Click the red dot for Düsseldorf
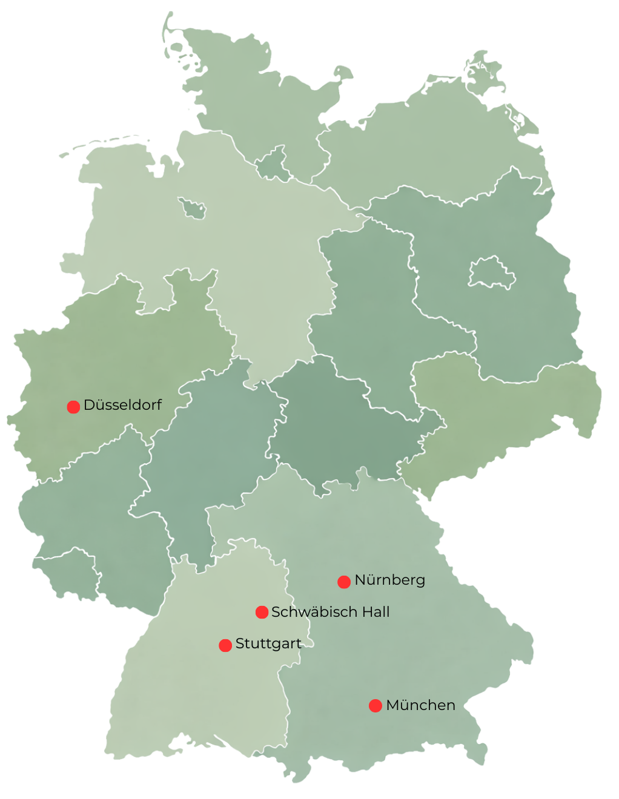(73, 407)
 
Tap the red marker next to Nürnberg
(344, 582)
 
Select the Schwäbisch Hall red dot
(262, 612)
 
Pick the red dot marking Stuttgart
(225, 645)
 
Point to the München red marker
(376, 705)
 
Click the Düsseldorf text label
(122, 405)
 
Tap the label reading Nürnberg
(390, 580)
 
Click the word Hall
(376, 612)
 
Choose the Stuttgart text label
(268, 643)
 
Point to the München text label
(420, 705)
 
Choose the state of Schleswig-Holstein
(236, 91)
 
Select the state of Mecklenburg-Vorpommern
(424, 139)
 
